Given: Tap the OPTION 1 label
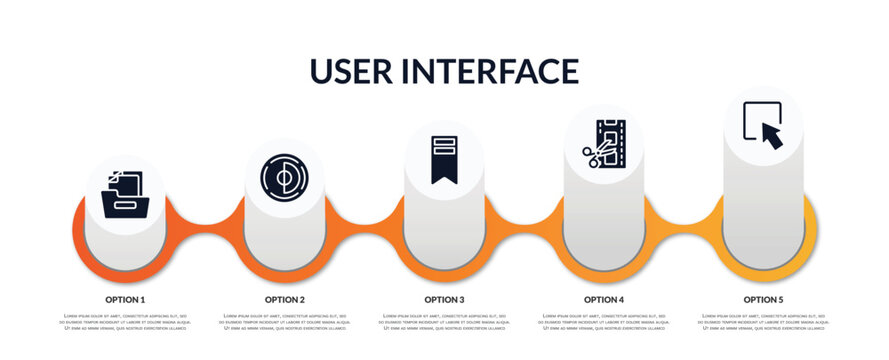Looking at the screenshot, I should (x=125, y=299).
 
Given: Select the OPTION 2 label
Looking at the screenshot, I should (x=285, y=299).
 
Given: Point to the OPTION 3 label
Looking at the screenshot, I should (x=444, y=299).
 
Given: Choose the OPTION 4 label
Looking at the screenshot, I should (x=604, y=299).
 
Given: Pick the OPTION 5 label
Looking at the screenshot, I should (x=763, y=299).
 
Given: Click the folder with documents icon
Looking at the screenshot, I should (x=125, y=193).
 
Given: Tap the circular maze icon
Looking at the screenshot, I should (x=284, y=176).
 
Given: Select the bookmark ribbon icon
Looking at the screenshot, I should (x=444, y=159).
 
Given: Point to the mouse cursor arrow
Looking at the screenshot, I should (x=772, y=134).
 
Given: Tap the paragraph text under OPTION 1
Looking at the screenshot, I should (x=125, y=323).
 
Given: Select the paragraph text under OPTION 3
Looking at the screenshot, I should (x=444, y=323).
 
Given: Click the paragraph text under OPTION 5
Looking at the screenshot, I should (x=763, y=323).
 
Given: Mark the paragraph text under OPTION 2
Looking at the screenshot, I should (x=285, y=323).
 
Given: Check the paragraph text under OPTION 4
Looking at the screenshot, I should (x=604, y=323).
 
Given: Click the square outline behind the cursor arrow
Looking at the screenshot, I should (x=750, y=113).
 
